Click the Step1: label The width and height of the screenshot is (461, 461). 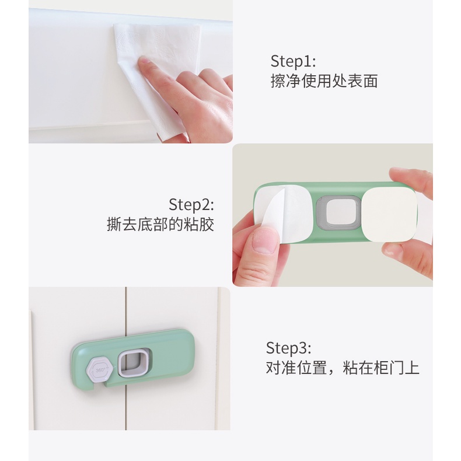[x=293, y=61]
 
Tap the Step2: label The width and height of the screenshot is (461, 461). [x=191, y=204]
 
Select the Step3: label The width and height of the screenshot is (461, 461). [x=288, y=348]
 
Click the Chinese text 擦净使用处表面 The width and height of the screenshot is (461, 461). [x=324, y=81]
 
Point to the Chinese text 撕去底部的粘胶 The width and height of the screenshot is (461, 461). [x=160, y=224]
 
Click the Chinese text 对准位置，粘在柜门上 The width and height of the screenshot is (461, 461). [x=343, y=368]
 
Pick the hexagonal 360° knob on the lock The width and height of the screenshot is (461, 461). [x=100, y=369]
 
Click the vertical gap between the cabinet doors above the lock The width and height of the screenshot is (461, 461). [x=126, y=309]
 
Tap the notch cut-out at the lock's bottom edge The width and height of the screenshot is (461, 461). [x=99, y=386]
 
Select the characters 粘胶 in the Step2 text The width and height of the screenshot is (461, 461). [x=199, y=224]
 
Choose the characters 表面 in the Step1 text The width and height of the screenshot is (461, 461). [x=362, y=81]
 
